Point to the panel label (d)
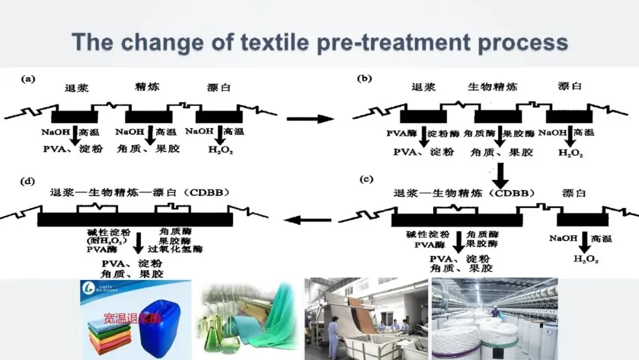coord(28,181)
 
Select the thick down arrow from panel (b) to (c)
coord(501,175)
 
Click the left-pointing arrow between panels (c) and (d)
coord(308,221)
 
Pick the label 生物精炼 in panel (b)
coord(492,87)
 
